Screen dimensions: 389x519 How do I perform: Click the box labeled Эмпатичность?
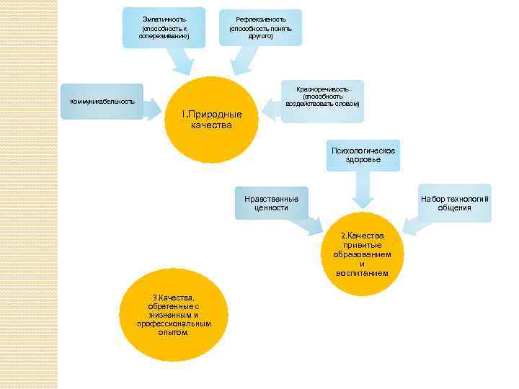164,27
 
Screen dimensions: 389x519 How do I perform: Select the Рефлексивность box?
260,27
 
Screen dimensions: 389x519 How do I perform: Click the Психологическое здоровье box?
363,154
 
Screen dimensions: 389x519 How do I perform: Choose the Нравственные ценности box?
271,202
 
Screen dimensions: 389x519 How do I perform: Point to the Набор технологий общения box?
455,202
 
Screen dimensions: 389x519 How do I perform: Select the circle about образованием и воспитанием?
362,254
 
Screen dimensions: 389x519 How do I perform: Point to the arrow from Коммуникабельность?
153,109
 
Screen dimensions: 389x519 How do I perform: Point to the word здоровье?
363,159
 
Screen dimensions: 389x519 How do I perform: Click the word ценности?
271,208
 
